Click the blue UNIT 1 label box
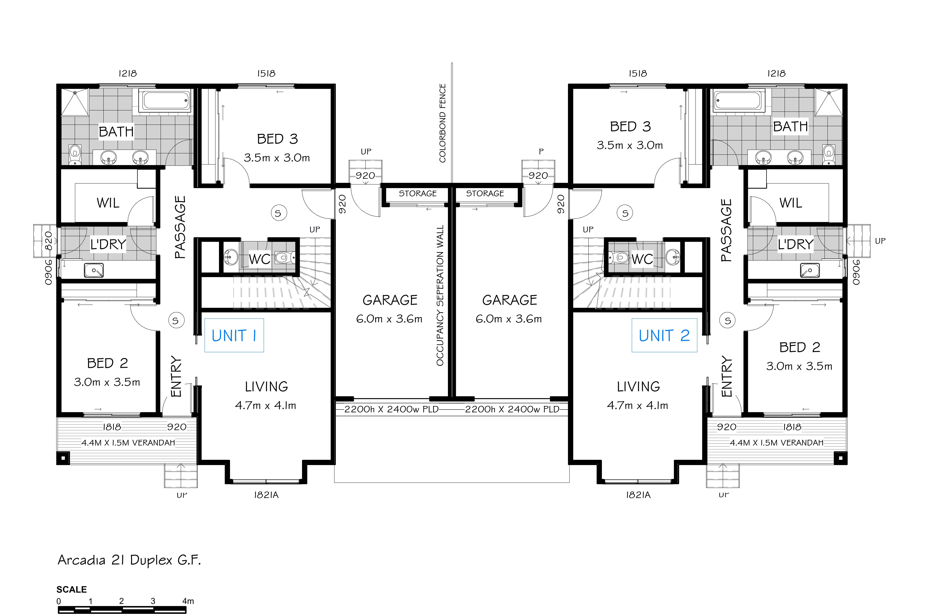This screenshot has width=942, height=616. tap(234, 335)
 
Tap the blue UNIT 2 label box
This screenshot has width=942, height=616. tap(664, 335)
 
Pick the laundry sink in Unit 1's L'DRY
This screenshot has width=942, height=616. tap(94, 270)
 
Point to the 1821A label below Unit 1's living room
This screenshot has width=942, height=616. tap(266, 495)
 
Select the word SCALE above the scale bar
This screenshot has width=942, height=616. tap(72, 589)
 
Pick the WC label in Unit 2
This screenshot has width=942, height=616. tap(642, 259)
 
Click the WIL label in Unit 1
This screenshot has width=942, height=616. tap(108, 203)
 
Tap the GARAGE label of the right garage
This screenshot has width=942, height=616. tap(510, 300)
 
